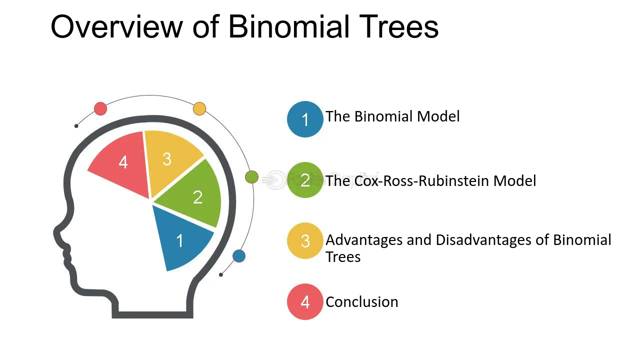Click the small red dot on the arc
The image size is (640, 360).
point(100,108)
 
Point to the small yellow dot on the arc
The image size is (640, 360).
point(199,108)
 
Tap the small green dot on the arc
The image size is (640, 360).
point(251,177)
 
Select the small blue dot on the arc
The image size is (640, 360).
point(239,256)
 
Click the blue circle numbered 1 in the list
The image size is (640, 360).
point(305,119)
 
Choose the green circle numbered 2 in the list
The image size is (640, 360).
point(305,180)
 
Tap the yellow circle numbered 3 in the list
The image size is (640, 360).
point(305,240)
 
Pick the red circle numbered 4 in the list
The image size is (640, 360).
point(305,301)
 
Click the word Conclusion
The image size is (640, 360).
point(361,302)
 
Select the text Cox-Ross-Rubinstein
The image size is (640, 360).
point(421,180)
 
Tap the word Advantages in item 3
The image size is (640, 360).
point(364,240)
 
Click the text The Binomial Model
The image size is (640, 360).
point(392,116)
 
